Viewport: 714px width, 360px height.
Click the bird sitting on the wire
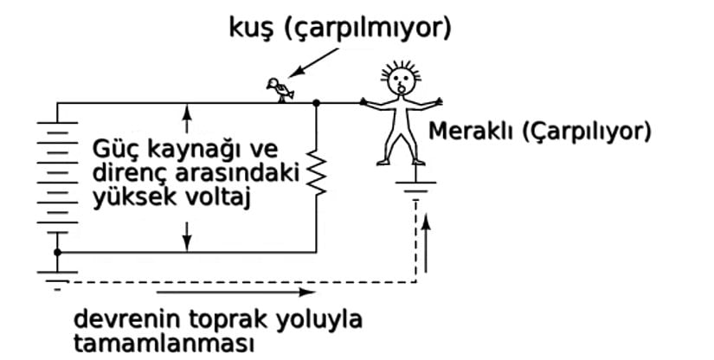click(x=279, y=89)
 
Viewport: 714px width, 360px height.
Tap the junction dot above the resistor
click(x=317, y=103)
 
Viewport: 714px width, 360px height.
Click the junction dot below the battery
click(x=58, y=253)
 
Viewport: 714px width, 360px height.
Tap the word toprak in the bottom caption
click(x=214, y=318)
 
